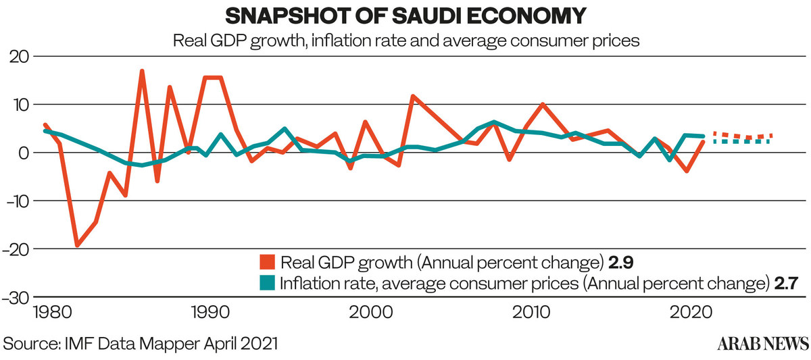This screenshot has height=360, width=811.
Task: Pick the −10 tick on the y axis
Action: click(19, 201)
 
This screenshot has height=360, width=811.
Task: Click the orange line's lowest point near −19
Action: click(77, 245)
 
